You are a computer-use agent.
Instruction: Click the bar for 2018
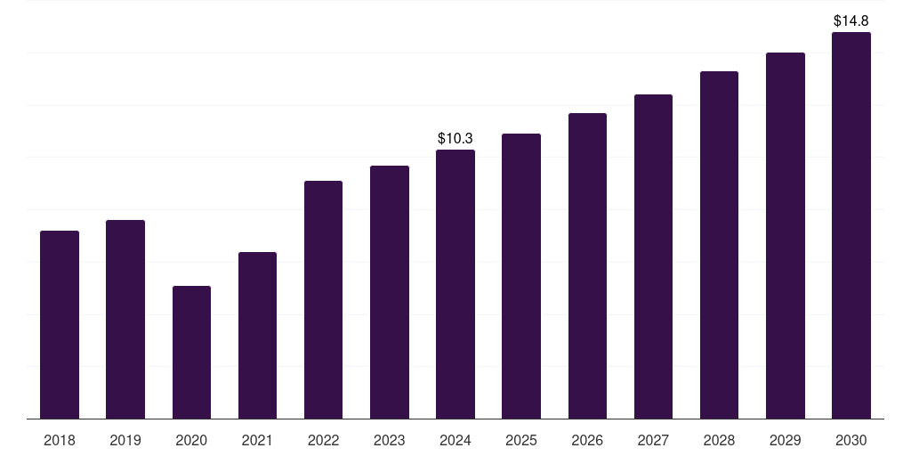[x=60, y=325]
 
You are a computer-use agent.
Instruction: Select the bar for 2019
[x=125, y=320]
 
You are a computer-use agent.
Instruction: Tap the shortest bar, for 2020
[x=191, y=353]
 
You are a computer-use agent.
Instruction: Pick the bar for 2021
[x=257, y=336]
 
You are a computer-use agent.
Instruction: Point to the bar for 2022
[x=323, y=300]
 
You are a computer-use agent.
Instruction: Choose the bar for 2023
[x=390, y=292]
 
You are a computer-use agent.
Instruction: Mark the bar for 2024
[x=455, y=284]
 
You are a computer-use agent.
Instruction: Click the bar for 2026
[x=587, y=266]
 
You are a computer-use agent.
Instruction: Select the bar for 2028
[x=719, y=245]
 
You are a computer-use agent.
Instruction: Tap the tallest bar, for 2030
[x=851, y=225]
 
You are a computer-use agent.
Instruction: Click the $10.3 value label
[x=455, y=138]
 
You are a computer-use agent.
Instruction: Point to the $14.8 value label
[x=851, y=20]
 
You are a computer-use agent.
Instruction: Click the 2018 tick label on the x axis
[x=60, y=440]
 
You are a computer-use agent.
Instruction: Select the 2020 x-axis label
[x=191, y=440]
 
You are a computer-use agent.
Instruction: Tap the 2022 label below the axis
[x=323, y=440]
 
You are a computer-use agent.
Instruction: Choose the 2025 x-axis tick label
[x=521, y=440]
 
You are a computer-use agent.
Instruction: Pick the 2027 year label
[x=653, y=440]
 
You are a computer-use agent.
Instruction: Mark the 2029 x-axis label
[x=785, y=440]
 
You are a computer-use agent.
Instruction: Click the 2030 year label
[x=851, y=440]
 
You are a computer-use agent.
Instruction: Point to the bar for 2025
[x=521, y=276]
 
